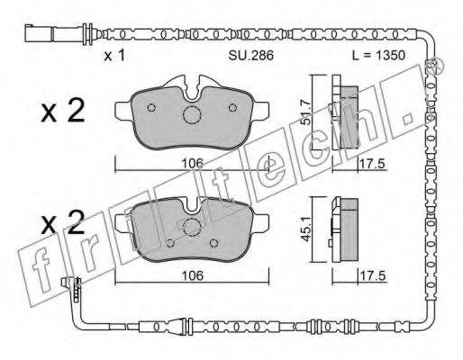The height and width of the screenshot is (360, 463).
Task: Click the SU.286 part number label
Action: pos(251,55)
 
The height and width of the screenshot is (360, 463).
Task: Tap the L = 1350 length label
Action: pos(379,55)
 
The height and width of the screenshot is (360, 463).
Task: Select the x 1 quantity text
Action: pos(114,56)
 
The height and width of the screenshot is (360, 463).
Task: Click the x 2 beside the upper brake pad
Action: pos(63,111)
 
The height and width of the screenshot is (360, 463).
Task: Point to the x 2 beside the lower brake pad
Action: pos(63,222)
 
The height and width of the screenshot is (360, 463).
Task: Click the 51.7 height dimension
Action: pos(306,112)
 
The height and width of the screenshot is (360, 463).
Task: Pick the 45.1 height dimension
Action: pos(306,229)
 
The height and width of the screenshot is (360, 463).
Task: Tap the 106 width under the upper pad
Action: pos(193,164)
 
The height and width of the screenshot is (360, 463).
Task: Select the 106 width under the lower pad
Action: pos(193,275)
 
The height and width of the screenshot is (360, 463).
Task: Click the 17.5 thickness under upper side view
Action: pos(372,164)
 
